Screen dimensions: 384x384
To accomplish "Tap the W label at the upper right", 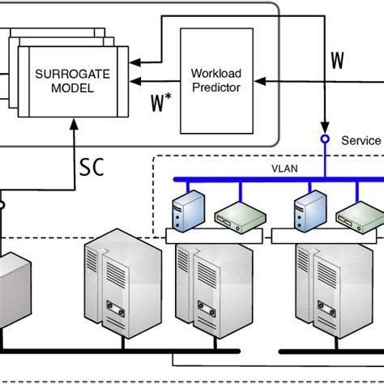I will coord(337,61).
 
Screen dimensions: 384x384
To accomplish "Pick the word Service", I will coord(360,140).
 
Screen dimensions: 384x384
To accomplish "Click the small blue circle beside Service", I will coord(325,139).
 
